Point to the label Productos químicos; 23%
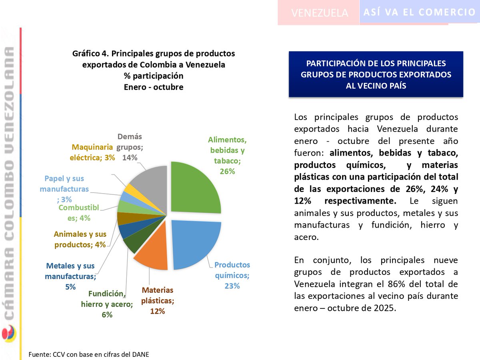tap(232, 275)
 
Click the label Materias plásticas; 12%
tap(158, 300)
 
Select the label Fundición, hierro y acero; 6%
tap(107, 304)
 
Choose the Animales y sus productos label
tap(80, 240)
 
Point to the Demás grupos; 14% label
tap(130, 147)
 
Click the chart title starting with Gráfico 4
tap(154, 70)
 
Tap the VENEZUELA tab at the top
tap(320, 13)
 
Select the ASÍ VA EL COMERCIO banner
tap(420, 12)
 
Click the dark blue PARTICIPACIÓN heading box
tap(376, 74)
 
